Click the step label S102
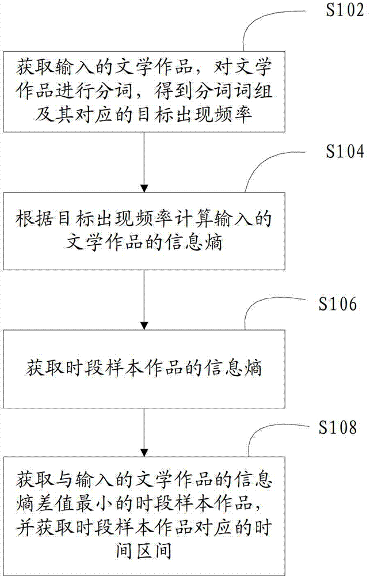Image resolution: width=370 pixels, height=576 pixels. tap(345, 10)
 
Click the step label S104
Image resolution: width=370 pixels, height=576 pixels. tap(345, 151)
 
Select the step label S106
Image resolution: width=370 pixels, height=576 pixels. tap(337, 304)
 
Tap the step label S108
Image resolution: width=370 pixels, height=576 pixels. tap(337, 427)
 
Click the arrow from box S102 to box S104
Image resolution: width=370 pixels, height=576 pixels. tap(144, 162)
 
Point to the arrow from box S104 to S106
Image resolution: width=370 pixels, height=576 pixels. tap(144, 300)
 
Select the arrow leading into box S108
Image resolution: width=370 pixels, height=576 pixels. tap(144, 433)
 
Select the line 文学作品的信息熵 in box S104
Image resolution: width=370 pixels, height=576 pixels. tap(144, 243)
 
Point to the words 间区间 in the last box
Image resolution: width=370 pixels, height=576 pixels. tap(144, 551)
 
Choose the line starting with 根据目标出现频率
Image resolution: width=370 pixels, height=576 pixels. tap(144, 218)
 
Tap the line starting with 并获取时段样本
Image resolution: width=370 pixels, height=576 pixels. tap(144, 527)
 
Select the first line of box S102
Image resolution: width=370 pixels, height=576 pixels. tap(144, 66)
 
